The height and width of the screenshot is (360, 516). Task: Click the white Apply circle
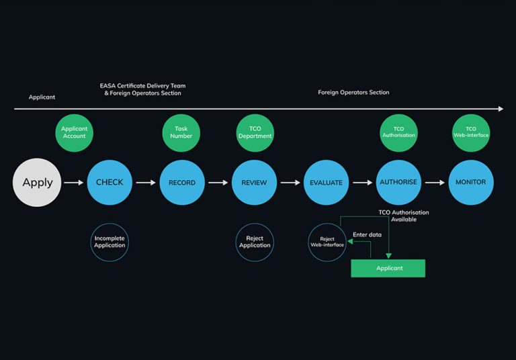[x=37, y=182]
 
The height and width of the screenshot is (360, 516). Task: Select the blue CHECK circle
[x=110, y=182]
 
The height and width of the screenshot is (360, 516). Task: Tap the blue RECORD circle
[x=182, y=182]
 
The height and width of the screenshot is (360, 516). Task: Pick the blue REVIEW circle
[x=254, y=182]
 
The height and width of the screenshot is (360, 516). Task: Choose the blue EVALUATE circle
[x=326, y=182]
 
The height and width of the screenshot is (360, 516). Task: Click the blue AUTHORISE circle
[x=398, y=182]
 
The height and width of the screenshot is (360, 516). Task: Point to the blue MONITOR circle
[x=471, y=182]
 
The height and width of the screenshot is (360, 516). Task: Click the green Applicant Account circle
[x=74, y=133]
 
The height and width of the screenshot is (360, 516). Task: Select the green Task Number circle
[x=181, y=133]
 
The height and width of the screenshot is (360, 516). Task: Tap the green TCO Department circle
[x=255, y=133]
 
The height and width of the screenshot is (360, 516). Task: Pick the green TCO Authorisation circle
[x=398, y=133]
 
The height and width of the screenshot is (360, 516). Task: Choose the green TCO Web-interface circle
[x=471, y=133]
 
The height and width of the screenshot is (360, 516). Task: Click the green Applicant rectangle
[x=388, y=268]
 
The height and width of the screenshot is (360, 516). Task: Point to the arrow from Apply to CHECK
[x=73, y=182]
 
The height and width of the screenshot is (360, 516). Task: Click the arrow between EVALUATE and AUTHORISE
[x=362, y=182]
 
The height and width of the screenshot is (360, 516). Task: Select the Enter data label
[x=368, y=234]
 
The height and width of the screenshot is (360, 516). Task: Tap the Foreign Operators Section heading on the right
[x=353, y=93]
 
